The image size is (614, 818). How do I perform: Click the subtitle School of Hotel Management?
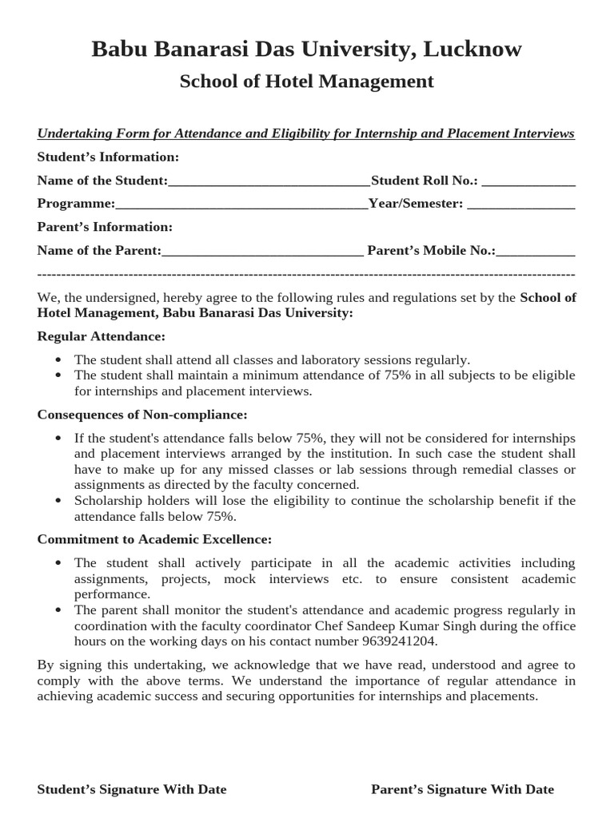point(306,81)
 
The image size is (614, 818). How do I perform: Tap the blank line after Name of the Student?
point(269,181)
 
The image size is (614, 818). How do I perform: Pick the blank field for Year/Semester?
point(520,204)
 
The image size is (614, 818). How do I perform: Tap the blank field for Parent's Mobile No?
point(536,251)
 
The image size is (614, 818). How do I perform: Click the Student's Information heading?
point(108,157)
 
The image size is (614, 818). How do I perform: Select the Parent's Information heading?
point(105,227)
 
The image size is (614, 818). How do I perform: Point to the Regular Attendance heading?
point(102,336)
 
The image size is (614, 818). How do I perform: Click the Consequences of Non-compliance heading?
point(142,415)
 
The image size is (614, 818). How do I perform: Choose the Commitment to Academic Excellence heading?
point(154,539)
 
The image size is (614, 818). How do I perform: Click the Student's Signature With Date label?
point(132,789)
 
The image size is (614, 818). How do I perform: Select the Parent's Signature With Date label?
point(462,789)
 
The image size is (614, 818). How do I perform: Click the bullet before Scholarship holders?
point(58,501)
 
